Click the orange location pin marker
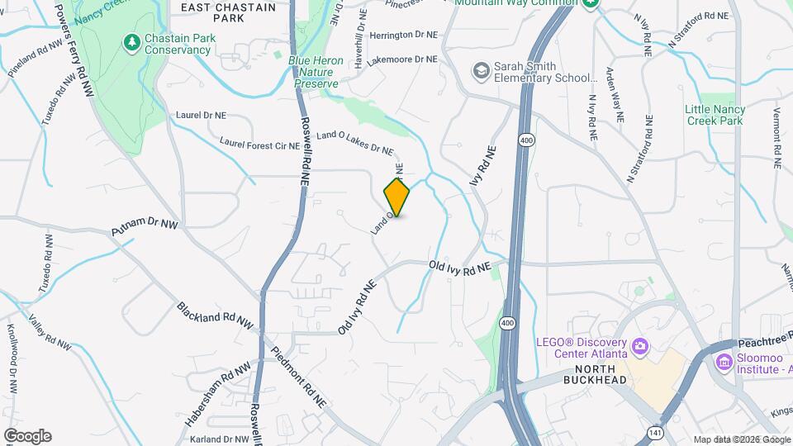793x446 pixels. pyautogui.click(x=397, y=197)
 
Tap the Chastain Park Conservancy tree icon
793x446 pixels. pyautogui.click(x=131, y=40)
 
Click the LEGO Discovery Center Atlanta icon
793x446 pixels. pyautogui.click(x=639, y=344)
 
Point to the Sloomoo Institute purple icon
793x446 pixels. pyautogui.click(x=724, y=361)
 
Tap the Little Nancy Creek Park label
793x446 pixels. pyautogui.click(x=715, y=115)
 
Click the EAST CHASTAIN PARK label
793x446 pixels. pyautogui.click(x=217, y=12)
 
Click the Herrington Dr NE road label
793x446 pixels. pyautogui.click(x=403, y=36)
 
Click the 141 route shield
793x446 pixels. pyautogui.click(x=654, y=432)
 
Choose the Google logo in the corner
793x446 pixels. pyautogui.click(x=27, y=436)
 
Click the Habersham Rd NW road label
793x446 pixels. pyautogui.click(x=217, y=395)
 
